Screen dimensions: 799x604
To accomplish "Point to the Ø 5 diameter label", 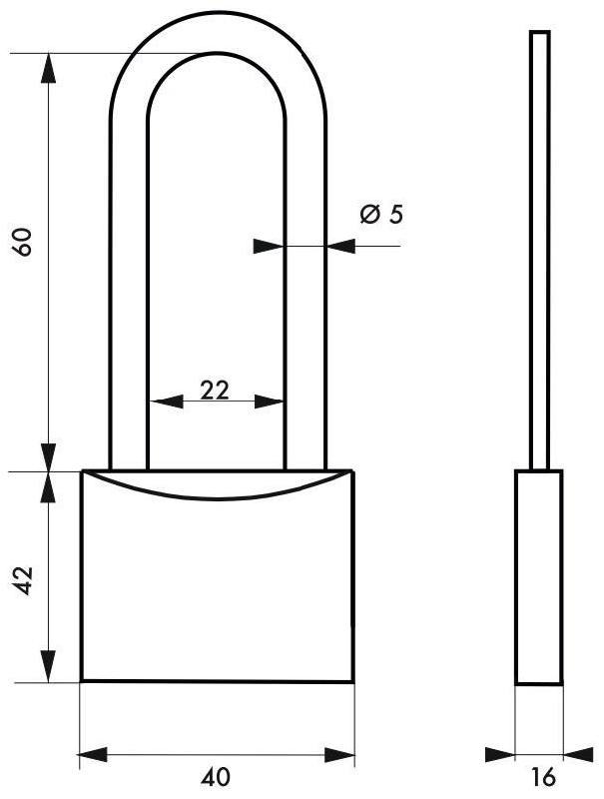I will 381,215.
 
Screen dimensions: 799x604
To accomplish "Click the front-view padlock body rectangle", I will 217,589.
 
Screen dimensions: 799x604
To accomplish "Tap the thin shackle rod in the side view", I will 538,250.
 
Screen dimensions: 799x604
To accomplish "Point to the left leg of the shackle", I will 129,300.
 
